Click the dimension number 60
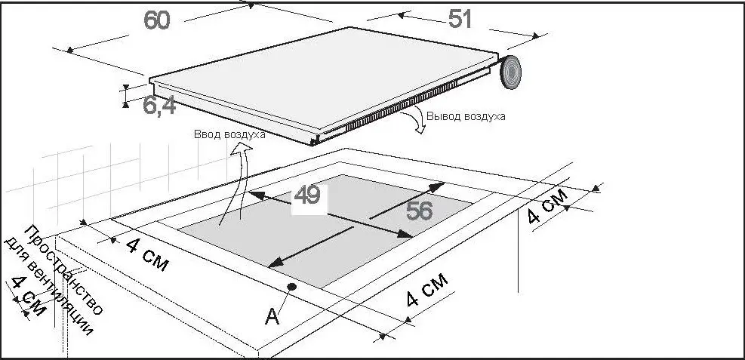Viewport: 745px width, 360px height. pyautogui.click(x=157, y=20)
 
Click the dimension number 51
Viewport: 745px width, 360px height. pyautogui.click(x=460, y=20)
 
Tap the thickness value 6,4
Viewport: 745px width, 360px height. pyautogui.click(x=160, y=106)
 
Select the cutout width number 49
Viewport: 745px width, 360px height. pyautogui.click(x=307, y=195)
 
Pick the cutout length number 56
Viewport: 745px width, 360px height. pyautogui.click(x=419, y=211)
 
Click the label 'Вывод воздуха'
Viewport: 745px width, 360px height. pyautogui.click(x=466, y=116)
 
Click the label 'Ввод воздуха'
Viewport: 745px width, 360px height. pyautogui.click(x=229, y=134)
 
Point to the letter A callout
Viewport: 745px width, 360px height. pyautogui.click(x=272, y=316)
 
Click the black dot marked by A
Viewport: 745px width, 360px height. pyautogui.click(x=291, y=286)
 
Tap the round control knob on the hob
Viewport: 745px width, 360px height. pyautogui.click(x=509, y=72)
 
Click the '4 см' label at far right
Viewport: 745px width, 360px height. pyautogui.click(x=547, y=205)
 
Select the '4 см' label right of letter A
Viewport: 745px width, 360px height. pyautogui.click(x=427, y=290)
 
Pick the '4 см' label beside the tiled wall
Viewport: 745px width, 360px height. pyautogui.click(x=147, y=255)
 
